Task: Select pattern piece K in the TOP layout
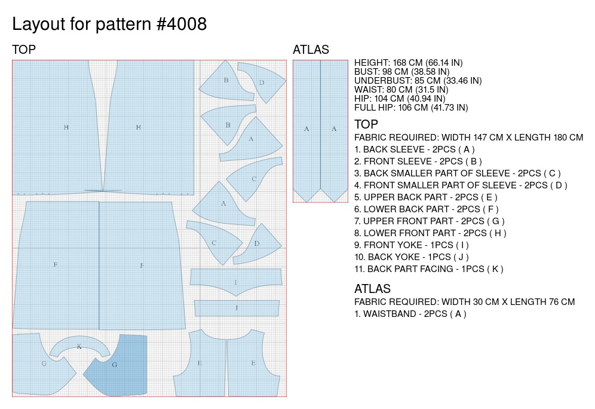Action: point(79,346)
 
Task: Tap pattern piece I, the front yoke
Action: point(236,282)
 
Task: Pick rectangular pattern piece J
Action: point(237,308)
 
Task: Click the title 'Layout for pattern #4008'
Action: point(109,25)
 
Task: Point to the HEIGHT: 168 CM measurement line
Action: point(408,63)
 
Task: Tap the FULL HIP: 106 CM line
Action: point(410,108)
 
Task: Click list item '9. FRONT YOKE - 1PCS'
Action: point(411,245)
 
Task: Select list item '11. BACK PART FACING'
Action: point(428,269)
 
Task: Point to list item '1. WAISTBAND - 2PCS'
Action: point(410,314)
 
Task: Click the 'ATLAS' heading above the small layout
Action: point(311,50)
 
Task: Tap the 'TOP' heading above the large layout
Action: point(24,50)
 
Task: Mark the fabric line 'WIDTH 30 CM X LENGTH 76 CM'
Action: point(464,302)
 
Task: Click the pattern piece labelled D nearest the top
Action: point(262,83)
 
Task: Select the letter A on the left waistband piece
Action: point(306,129)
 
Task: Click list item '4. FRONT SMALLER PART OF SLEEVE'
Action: point(461,185)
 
